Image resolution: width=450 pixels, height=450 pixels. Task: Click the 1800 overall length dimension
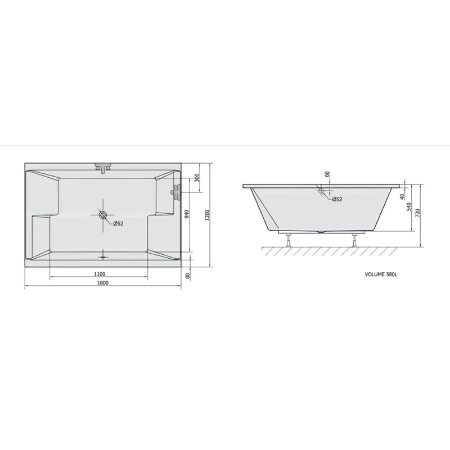pyautogui.click(x=103, y=283)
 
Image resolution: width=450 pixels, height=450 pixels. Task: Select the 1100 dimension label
pyautogui.click(x=100, y=274)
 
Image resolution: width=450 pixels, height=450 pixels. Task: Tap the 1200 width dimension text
pyautogui.click(x=207, y=215)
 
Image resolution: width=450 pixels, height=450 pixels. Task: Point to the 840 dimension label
pyautogui.click(x=187, y=215)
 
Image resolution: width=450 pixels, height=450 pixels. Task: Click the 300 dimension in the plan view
pyautogui.click(x=196, y=178)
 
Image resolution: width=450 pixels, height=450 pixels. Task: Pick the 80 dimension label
pyautogui.click(x=188, y=276)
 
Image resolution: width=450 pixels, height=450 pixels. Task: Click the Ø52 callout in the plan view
pyautogui.click(x=118, y=223)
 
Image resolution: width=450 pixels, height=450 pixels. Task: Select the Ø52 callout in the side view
pyautogui.click(x=337, y=199)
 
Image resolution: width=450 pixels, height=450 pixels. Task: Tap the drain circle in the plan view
pyautogui.click(x=103, y=215)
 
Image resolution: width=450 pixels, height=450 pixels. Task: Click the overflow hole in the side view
pyautogui.click(x=321, y=190)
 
